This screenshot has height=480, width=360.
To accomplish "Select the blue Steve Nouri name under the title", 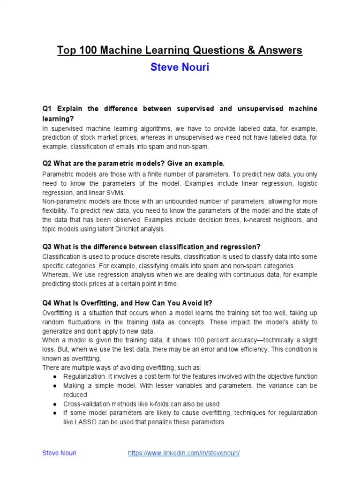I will click(180, 67).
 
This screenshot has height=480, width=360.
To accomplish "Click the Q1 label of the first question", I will click(47, 109).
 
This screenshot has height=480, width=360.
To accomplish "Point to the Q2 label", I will click(47, 164).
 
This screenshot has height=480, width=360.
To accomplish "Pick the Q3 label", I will click(47, 247).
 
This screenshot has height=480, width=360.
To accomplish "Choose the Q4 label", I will click(47, 303).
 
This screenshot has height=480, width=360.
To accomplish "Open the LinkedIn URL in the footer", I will click(184, 453).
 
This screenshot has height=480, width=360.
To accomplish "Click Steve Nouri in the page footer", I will click(59, 453).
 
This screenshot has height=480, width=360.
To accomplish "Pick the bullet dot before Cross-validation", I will click(55, 404).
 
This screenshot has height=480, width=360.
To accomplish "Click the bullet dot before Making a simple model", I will click(55, 386).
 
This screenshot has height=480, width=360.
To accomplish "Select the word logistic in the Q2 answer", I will click(305, 184).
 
